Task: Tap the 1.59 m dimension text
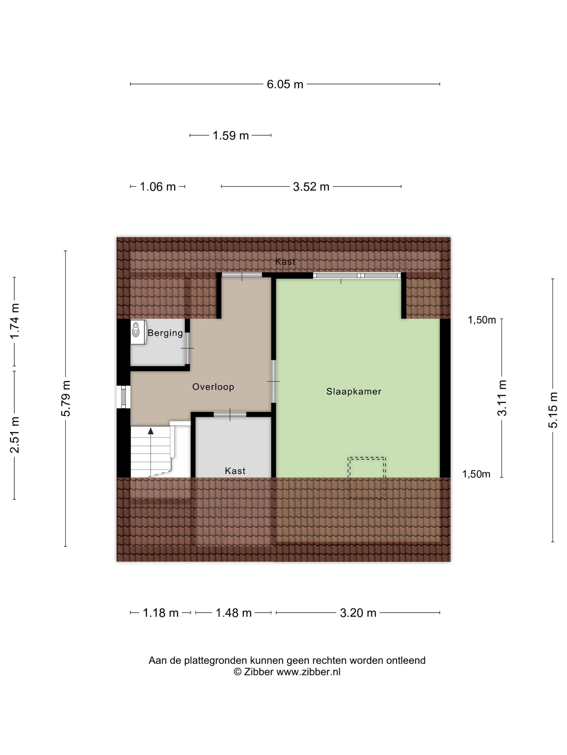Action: (230, 136)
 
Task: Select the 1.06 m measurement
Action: (158, 187)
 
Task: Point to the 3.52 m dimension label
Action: (311, 187)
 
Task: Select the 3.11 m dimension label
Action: (502, 398)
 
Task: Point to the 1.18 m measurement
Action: (160, 613)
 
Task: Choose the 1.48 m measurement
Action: (234, 613)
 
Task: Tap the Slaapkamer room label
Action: (354, 392)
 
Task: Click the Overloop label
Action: (213, 387)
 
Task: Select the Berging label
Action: (166, 333)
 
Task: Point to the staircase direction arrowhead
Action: (151, 431)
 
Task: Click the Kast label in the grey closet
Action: (235, 471)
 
